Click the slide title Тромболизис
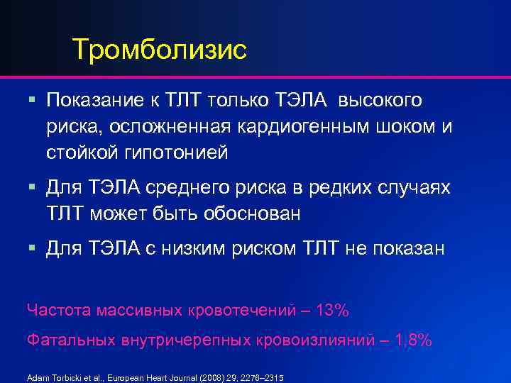[159, 50]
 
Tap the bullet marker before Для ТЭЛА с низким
[33, 248]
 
